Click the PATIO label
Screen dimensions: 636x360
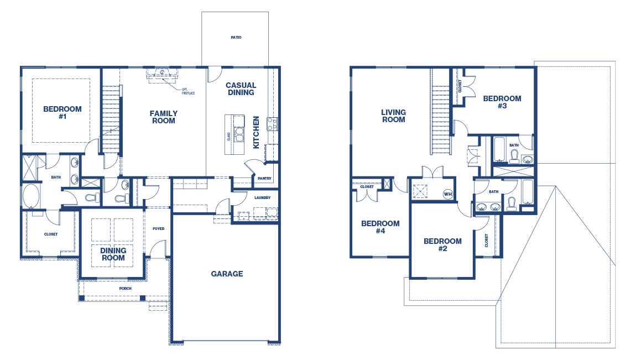click(236, 37)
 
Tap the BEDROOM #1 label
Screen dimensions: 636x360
click(62, 113)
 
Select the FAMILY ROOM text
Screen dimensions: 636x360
click(164, 117)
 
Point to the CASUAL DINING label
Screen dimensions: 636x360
click(241, 89)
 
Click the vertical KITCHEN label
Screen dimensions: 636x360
click(256, 133)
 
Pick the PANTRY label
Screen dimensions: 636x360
click(264, 179)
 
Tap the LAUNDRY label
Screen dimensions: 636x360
click(263, 198)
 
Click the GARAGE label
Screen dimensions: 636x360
click(227, 274)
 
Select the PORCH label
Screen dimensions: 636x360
click(126, 289)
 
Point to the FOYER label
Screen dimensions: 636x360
click(159, 228)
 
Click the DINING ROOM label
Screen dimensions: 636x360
click(113, 254)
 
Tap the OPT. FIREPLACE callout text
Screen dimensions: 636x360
click(188, 91)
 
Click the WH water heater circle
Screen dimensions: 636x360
click(448, 194)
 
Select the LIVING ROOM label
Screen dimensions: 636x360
click(393, 116)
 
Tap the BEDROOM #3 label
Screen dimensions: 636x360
click(502, 102)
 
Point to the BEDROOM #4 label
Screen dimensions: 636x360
click(380, 227)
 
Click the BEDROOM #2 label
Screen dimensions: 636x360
click(442, 245)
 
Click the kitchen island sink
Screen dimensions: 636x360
click(239, 134)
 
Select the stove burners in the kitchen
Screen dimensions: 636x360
click(272, 124)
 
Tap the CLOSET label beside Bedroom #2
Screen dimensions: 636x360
click(487, 241)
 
